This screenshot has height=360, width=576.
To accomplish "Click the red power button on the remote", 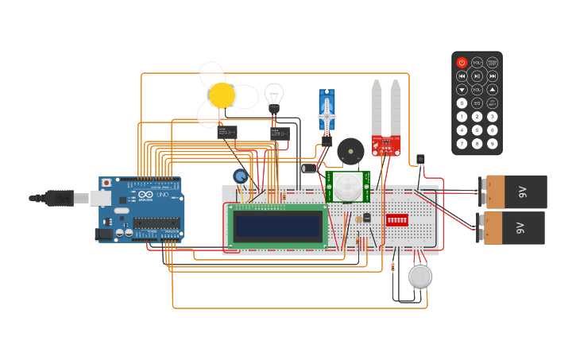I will pyautogui.click(x=462, y=62).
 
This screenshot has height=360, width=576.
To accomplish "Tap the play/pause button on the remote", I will pyautogui.click(x=477, y=76).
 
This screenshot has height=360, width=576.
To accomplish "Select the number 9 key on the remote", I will pyautogui.click(x=492, y=144).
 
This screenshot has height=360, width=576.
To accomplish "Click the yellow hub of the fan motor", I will pyautogui.click(x=222, y=95).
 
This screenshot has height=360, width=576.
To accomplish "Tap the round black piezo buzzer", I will pyautogui.click(x=350, y=151).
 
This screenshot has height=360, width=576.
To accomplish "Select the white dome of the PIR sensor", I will pyautogui.click(x=347, y=188).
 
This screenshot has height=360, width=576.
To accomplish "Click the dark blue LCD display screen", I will pyautogui.click(x=278, y=226).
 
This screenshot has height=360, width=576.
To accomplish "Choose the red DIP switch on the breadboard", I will pyautogui.click(x=396, y=219).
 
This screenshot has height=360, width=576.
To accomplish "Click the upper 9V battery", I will pyautogui.click(x=517, y=192).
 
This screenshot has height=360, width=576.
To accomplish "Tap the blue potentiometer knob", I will pyautogui.click(x=240, y=176).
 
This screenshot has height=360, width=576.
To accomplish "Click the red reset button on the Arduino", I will pyautogui.click(x=106, y=182).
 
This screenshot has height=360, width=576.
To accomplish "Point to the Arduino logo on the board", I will pyautogui.click(x=145, y=195).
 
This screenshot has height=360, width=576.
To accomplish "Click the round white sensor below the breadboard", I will pyautogui.click(x=420, y=277).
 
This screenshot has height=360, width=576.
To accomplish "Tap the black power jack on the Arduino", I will pyautogui.click(x=102, y=234).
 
